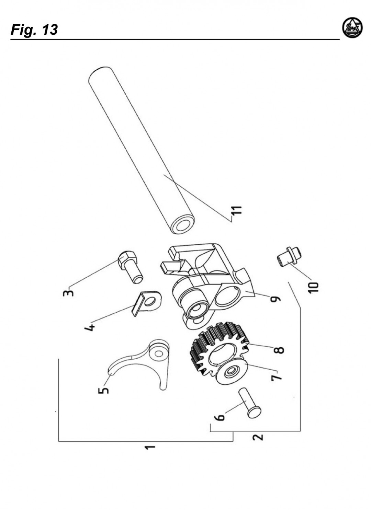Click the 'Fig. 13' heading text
point(34,30)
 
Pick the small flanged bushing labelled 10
point(289,256)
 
